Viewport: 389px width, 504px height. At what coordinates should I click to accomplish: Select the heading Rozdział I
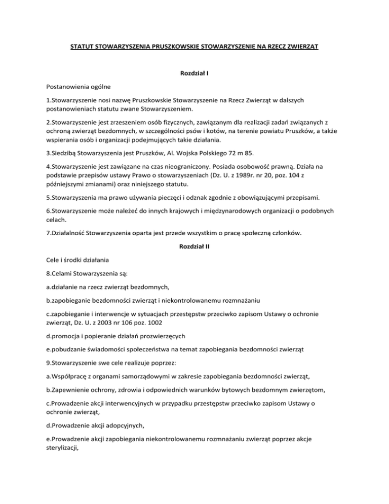pos(194,74)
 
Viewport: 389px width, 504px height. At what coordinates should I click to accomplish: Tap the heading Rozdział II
pos(194,246)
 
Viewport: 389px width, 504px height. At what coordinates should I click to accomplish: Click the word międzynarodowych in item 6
pos(221,220)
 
